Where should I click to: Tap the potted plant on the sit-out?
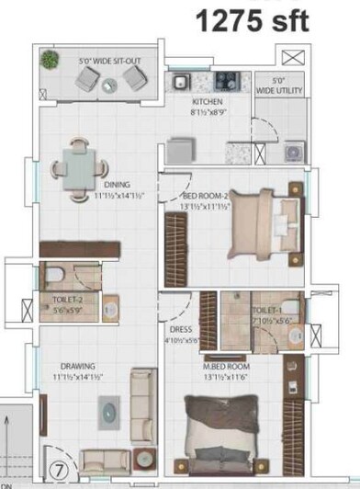(x=49, y=59)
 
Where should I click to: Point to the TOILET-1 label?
(x=268, y=313)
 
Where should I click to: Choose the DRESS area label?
(x=180, y=331)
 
